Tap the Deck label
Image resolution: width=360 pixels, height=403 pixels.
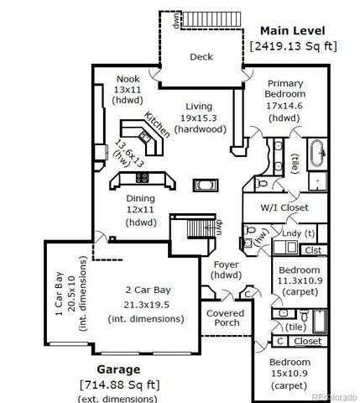201,57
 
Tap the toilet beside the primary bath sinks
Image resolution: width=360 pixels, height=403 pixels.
261,181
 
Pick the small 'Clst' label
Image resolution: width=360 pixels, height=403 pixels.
313,249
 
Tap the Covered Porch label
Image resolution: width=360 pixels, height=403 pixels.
226,317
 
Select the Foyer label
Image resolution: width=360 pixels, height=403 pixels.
225,270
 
